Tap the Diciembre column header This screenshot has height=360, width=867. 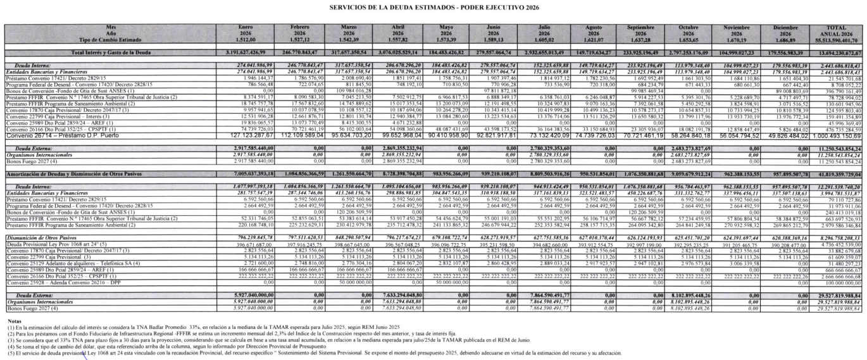(782, 28)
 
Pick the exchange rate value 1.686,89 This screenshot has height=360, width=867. (782, 38)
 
